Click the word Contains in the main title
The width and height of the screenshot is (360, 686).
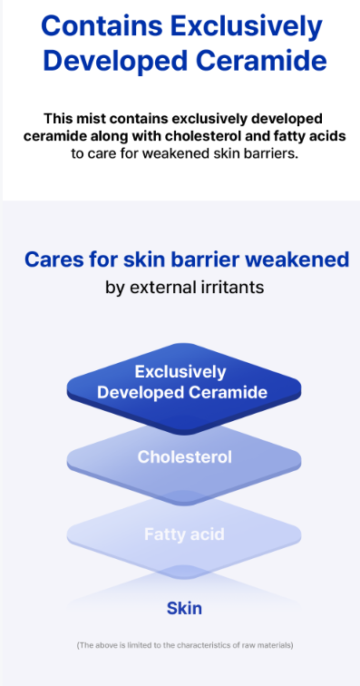pyautogui.click(x=102, y=26)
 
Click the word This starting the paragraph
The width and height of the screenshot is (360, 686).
pyautogui.click(x=57, y=119)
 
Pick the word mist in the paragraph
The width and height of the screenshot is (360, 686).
pyautogui.click(x=91, y=119)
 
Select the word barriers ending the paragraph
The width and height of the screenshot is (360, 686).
pyautogui.click(x=273, y=154)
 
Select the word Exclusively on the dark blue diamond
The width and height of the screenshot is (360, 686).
pyautogui.click(x=180, y=372)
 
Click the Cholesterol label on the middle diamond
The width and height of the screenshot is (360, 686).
pyautogui.click(x=185, y=457)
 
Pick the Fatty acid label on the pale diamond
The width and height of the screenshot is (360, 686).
pyautogui.click(x=184, y=534)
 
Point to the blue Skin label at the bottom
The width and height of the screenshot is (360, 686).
pyautogui.click(x=184, y=608)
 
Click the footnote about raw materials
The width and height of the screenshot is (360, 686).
pyautogui.click(x=185, y=645)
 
